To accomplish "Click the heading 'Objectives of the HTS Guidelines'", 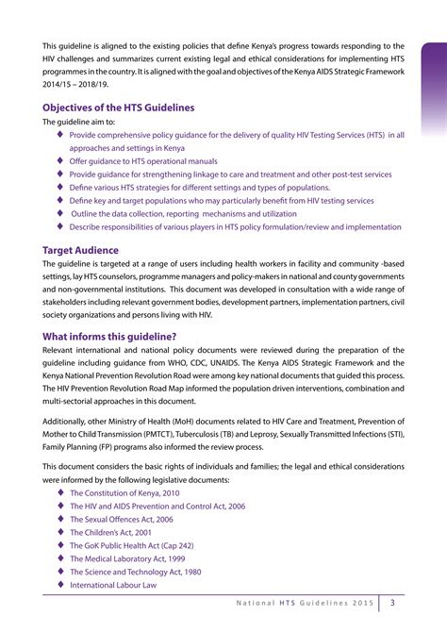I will [x=124, y=107].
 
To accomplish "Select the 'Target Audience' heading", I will [x=80, y=250].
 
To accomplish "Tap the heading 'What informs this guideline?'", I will [x=109, y=337].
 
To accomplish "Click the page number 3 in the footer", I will [x=393, y=605].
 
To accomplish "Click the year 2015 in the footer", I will [x=363, y=605].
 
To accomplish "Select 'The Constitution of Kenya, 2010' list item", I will [x=124, y=492].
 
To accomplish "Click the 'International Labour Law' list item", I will [x=113, y=584].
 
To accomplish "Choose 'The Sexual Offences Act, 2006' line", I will [x=121, y=519].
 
